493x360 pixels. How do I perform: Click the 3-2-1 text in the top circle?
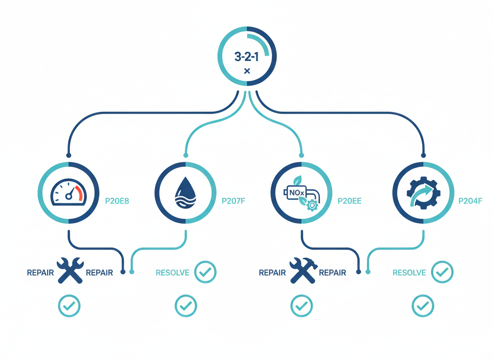pyautogui.click(x=246, y=56)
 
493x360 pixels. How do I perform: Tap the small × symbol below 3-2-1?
pyautogui.click(x=247, y=71)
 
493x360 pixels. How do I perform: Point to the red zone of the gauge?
pyautogui.click(x=79, y=193)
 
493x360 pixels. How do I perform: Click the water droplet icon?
pyautogui.click(x=185, y=193)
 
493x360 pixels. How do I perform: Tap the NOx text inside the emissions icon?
pyautogui.click(x=297, y=192)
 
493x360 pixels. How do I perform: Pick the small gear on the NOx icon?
pyautogui.click(x=311, y=205)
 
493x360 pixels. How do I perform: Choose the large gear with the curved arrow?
pyautogui.click(x=423, y=192)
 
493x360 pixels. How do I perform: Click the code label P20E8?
pyautogui.click(x=117, y=201)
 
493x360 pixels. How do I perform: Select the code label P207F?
pyautogui.click(x=233, y=201)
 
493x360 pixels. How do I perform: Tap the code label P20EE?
pyautogui.click(x=349, y=201)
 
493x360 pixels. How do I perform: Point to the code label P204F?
pyautogui.click(x=470, y=201)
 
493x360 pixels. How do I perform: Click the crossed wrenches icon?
pyautogui.click(x=70, y=270)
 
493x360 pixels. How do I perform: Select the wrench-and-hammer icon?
pyautogui.click(x=302, y=270)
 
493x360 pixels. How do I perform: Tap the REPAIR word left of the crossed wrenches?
pyautogui.click(x=40, y=273)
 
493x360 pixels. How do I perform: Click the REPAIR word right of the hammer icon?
pyautogui.click(x=332, y=273)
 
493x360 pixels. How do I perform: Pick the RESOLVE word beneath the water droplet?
pyautogui.click(x=172, y=273)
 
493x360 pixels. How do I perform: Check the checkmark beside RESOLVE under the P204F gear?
pyautogui.click(x=442, y=272)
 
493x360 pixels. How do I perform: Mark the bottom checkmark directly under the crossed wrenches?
pyautogui.click(x=69, y=306)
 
